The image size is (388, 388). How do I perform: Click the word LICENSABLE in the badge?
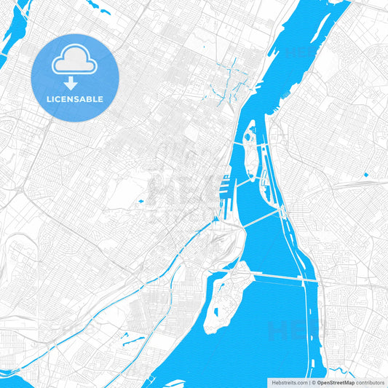point(75,99)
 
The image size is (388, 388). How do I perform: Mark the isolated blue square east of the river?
point(365,173)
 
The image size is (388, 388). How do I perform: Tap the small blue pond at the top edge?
point(100,12)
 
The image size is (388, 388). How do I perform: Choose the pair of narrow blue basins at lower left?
point(131,338)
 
